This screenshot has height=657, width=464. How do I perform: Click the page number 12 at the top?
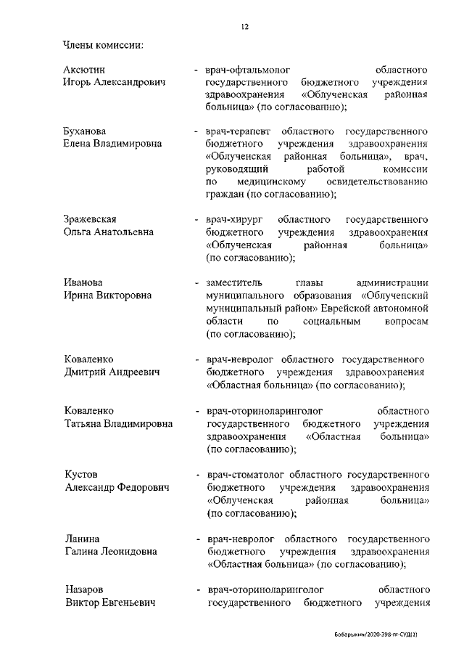[245, 27]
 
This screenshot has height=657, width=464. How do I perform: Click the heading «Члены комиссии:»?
[102, 46]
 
